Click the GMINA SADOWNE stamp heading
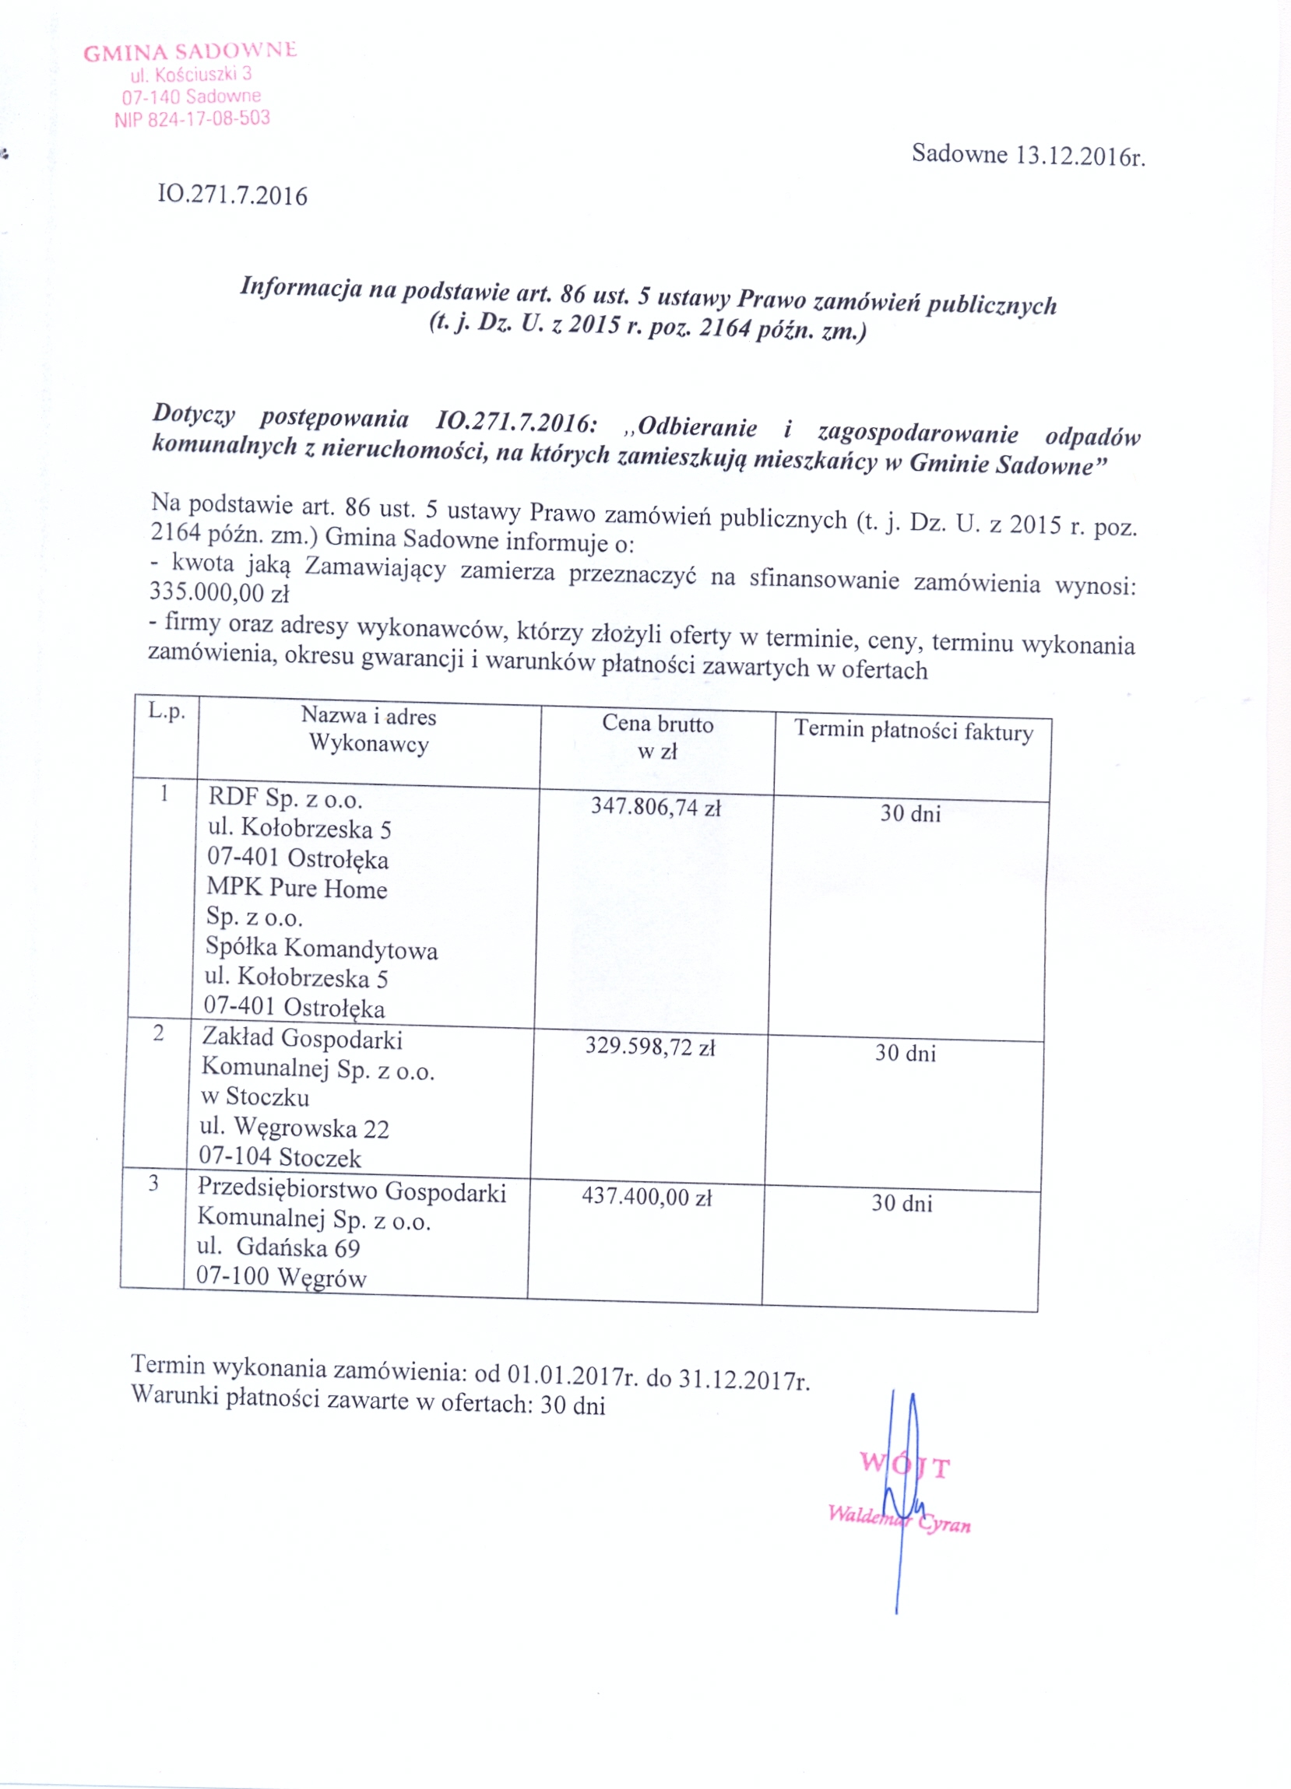(x=189, y=52)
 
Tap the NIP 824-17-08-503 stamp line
(x=192, y=119)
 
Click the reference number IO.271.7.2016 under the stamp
(x=232, y=195)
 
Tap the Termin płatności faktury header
(x=913, y=730)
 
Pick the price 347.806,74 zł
(x=656, y=806)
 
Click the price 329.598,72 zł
(x=649, y=1047)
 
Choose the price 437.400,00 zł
(x=646, y=1197)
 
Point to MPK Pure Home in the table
(x=297, y=888)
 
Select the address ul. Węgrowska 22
(x=294, y=1128)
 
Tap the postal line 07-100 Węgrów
(x=281, y=1276)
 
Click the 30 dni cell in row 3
(x=901, y=1203)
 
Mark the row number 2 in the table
(x=159, y=1033)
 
